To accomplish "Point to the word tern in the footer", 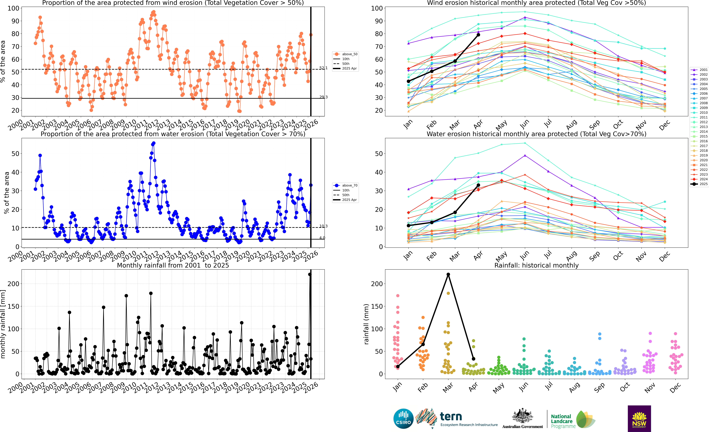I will click(x=451, y=416).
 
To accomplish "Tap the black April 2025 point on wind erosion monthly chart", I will click(x=478, y=35).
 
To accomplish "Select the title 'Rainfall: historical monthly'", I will click(x=536, y=265).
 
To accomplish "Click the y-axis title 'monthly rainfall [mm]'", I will click(x=3, y=324).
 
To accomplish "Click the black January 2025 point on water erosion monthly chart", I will click(x=408, y=226).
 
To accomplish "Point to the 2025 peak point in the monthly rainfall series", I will click(x=310, y=274).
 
